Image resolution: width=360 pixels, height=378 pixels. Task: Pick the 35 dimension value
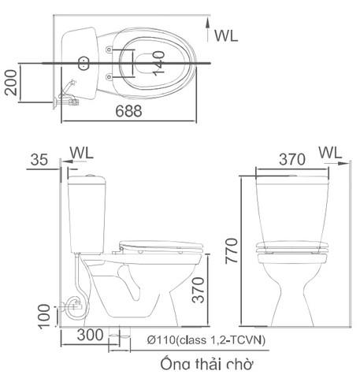point(39,161)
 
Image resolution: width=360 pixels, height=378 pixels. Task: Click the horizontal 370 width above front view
point(291,159)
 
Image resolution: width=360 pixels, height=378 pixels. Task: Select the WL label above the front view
point(331,152)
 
